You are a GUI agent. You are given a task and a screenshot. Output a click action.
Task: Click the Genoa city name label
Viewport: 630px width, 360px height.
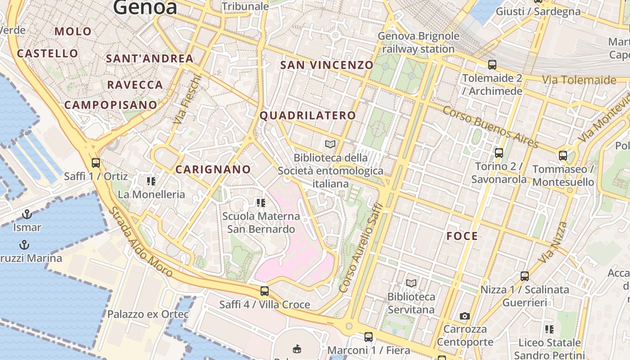pos(145,7)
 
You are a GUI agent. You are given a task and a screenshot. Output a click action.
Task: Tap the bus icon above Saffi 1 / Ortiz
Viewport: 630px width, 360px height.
pos(95,163)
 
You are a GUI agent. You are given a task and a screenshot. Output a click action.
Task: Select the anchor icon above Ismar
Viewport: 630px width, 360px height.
pos(27,214)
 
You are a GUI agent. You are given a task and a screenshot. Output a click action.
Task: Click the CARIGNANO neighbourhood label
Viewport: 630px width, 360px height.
pos(213,170)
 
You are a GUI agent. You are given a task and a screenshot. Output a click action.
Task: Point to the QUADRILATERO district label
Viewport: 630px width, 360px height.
pos(308,116)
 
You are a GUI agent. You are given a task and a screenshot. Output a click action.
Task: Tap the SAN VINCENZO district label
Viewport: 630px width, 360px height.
pos(327,65)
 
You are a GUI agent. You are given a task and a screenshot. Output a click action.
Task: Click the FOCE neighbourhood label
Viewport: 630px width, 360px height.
pos(462,236)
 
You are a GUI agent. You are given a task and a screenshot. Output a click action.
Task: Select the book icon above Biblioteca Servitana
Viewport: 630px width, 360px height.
pos(411,283)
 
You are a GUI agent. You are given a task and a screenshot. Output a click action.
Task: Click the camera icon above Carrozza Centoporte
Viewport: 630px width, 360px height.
pos(465,316)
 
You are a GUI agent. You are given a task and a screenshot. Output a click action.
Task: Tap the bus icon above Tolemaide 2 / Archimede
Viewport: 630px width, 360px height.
pos(492,65)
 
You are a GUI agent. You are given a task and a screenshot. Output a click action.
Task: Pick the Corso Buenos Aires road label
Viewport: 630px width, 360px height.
pos(490,127)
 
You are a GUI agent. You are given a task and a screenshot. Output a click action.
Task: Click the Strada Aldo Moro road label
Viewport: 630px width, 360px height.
pos(140,242)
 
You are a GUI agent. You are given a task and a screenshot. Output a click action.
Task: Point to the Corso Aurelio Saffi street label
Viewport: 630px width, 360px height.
pos(360,248)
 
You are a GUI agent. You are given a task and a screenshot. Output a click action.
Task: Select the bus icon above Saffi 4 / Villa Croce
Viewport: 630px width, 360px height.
pos(265,291)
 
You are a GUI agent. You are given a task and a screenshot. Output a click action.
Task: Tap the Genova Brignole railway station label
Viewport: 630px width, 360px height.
pos(418,42)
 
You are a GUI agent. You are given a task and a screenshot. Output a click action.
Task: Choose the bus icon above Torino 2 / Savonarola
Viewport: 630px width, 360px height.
pos(499,153)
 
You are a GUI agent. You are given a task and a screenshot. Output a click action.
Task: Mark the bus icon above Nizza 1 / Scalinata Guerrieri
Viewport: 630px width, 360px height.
pos(524,276)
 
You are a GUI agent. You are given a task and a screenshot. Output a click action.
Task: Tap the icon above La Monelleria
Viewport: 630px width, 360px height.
pos(151,181)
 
